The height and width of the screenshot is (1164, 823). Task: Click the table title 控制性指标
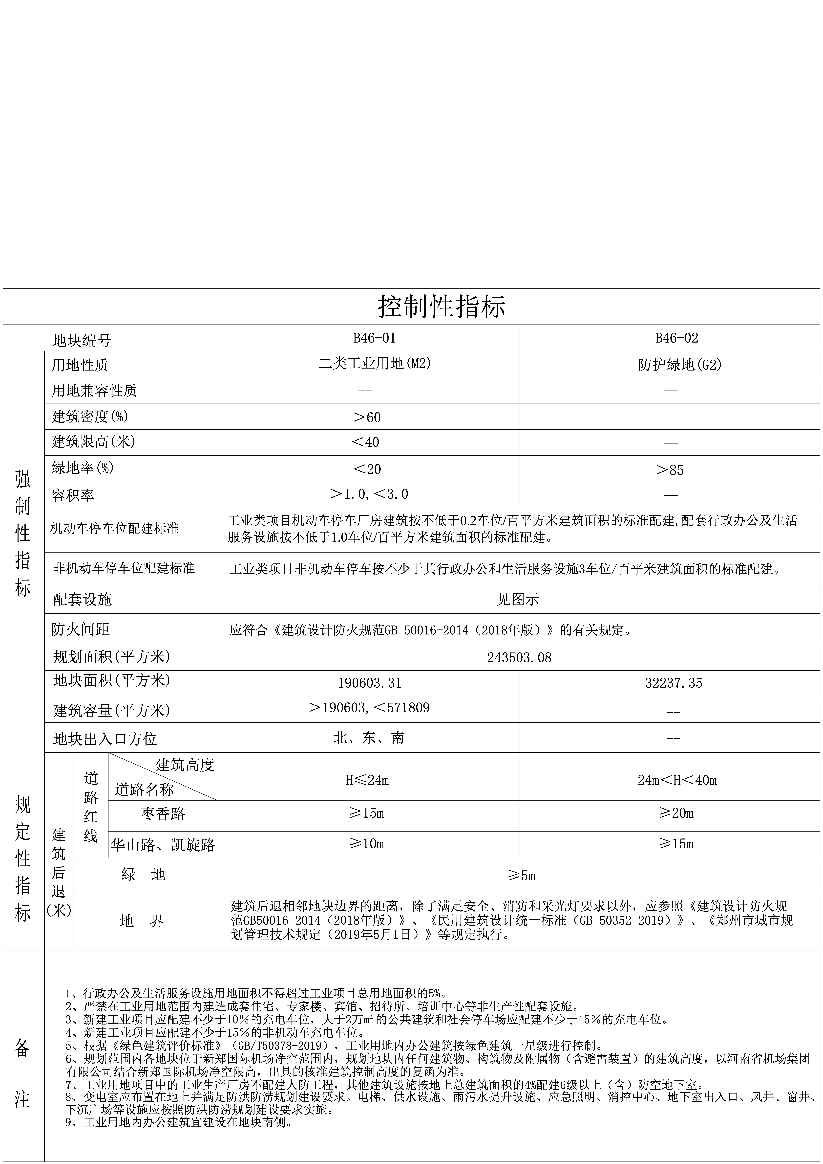441,307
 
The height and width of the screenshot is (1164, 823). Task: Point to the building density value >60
367,417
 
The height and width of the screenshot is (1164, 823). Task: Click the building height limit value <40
365,442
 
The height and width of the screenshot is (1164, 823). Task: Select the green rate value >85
670,470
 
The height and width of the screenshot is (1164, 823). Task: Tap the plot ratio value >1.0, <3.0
369,494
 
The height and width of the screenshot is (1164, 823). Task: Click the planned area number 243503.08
519,658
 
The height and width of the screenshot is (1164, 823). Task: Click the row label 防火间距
81,629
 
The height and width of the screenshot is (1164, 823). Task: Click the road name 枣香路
163,814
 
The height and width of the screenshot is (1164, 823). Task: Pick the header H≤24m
367,780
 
